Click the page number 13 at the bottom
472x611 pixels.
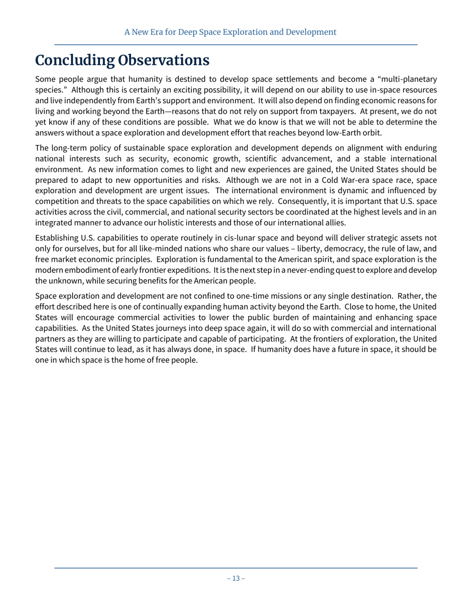[x=236, y=578]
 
